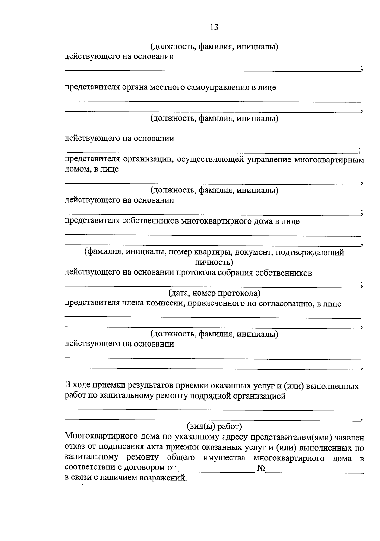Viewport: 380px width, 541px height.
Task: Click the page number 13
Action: tap(214, 27)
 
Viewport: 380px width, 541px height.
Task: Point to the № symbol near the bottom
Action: tap(261, 468)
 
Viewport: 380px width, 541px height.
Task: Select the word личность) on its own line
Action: tap(214, 262)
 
